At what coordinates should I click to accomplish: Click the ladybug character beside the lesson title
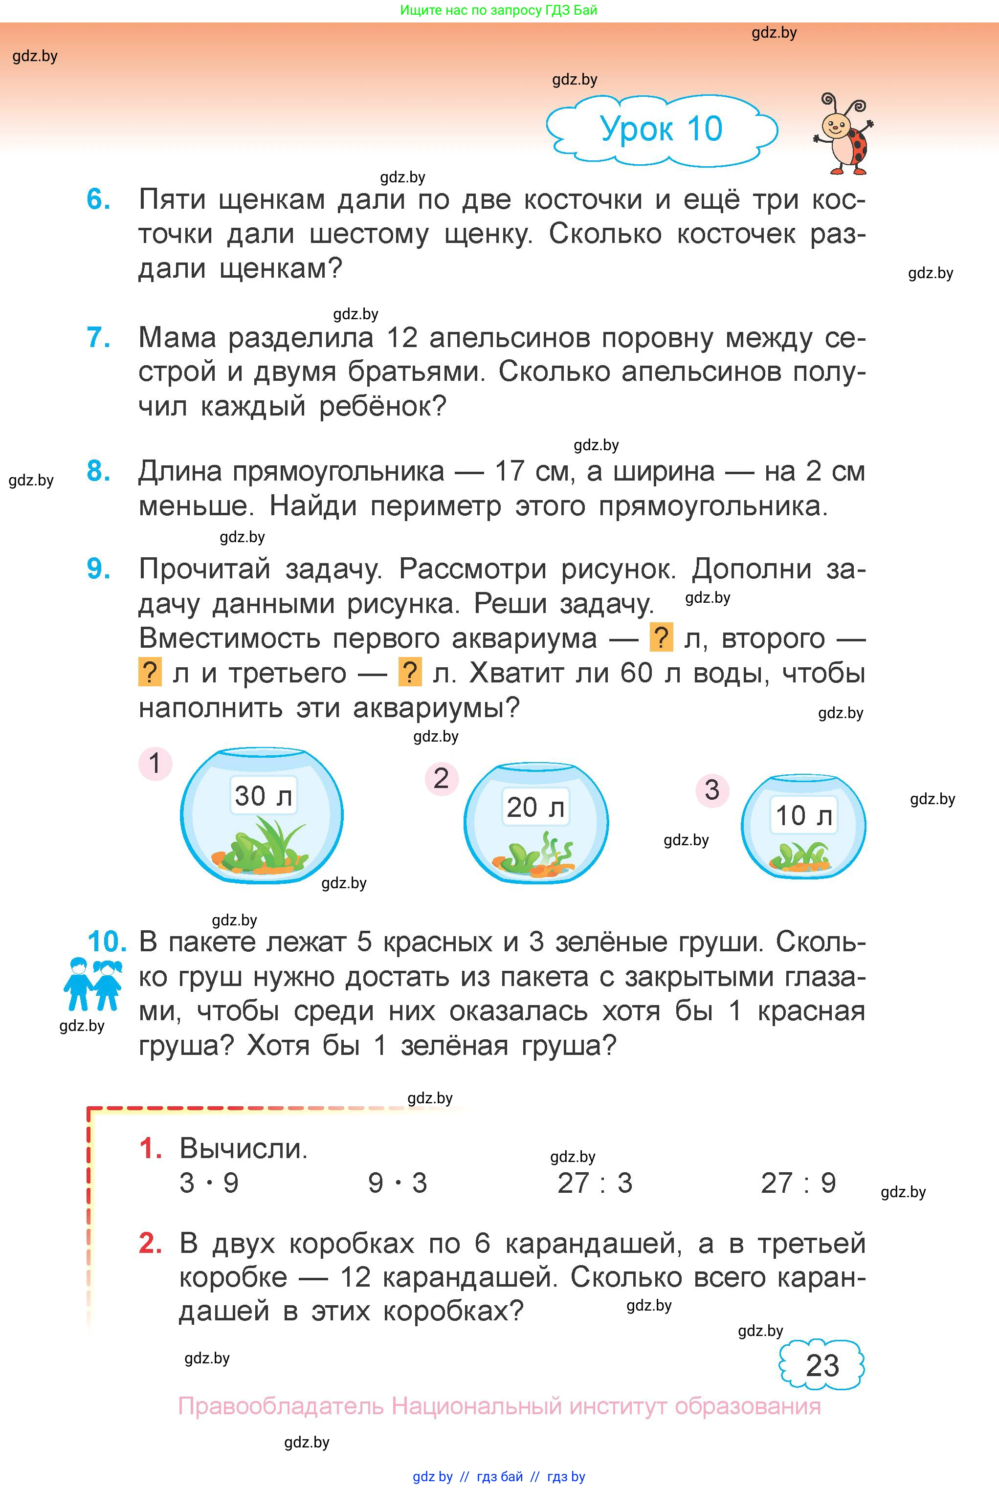(844, 135)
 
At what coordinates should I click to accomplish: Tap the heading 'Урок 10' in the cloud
(661, 129)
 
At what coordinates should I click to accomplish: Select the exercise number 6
(99, 200)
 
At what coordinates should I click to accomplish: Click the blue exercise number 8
(99, 472)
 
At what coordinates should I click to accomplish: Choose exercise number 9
(99, 569)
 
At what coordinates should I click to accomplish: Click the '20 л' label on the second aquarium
(535, 808)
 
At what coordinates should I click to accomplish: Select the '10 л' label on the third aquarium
(803, 816)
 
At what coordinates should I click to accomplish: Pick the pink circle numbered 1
(155, 763)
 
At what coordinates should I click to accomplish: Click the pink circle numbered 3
(711, 790)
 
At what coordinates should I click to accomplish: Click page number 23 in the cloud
(822, 1365)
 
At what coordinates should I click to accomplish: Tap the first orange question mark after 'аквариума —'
(661, 638)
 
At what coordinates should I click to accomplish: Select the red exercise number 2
(150, 1243)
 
